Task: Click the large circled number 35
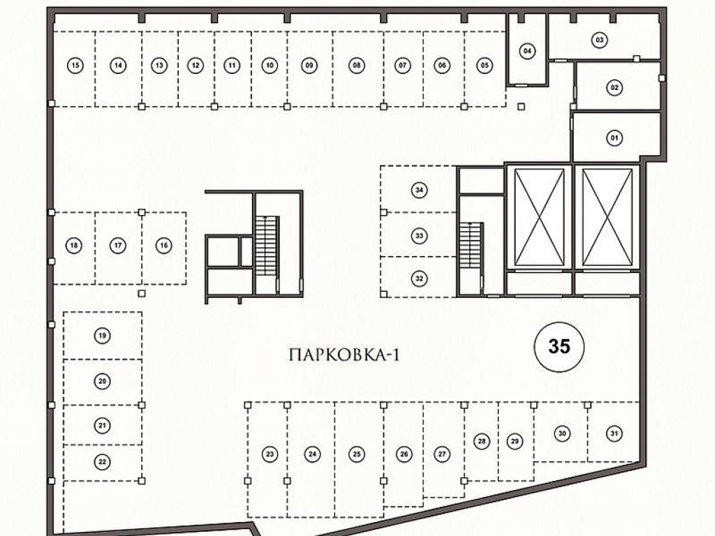point(559,347)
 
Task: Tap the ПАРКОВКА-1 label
point(344,355)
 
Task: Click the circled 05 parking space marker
point(485,65)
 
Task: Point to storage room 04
point(528,50)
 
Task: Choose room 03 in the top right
point(600,40)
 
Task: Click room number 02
point(614,87)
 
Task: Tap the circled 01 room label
point(614,137)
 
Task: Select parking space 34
point(419,190)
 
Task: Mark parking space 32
point(419,278)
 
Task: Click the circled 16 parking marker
point(163,246)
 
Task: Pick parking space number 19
point(102,336)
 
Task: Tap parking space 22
point(102,462)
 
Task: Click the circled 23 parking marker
point(270,454)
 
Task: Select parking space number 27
point(442,454)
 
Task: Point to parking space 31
point(614,433)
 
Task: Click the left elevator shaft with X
point(539,217)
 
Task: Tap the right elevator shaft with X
point(607,217)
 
